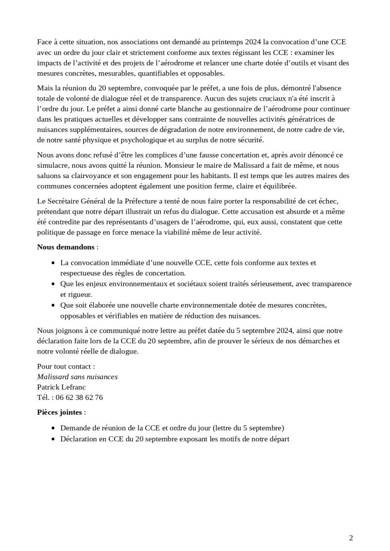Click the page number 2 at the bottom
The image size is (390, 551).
click(351, 537)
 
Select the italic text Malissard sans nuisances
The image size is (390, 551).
click(77, 377)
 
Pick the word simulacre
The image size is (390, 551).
click(54, 165)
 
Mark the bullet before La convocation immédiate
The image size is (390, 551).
click(52, 263)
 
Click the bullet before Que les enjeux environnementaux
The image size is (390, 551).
click(52, 284)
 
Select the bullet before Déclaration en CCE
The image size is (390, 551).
click(52, 440)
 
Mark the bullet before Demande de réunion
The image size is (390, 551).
click(52, 428)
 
